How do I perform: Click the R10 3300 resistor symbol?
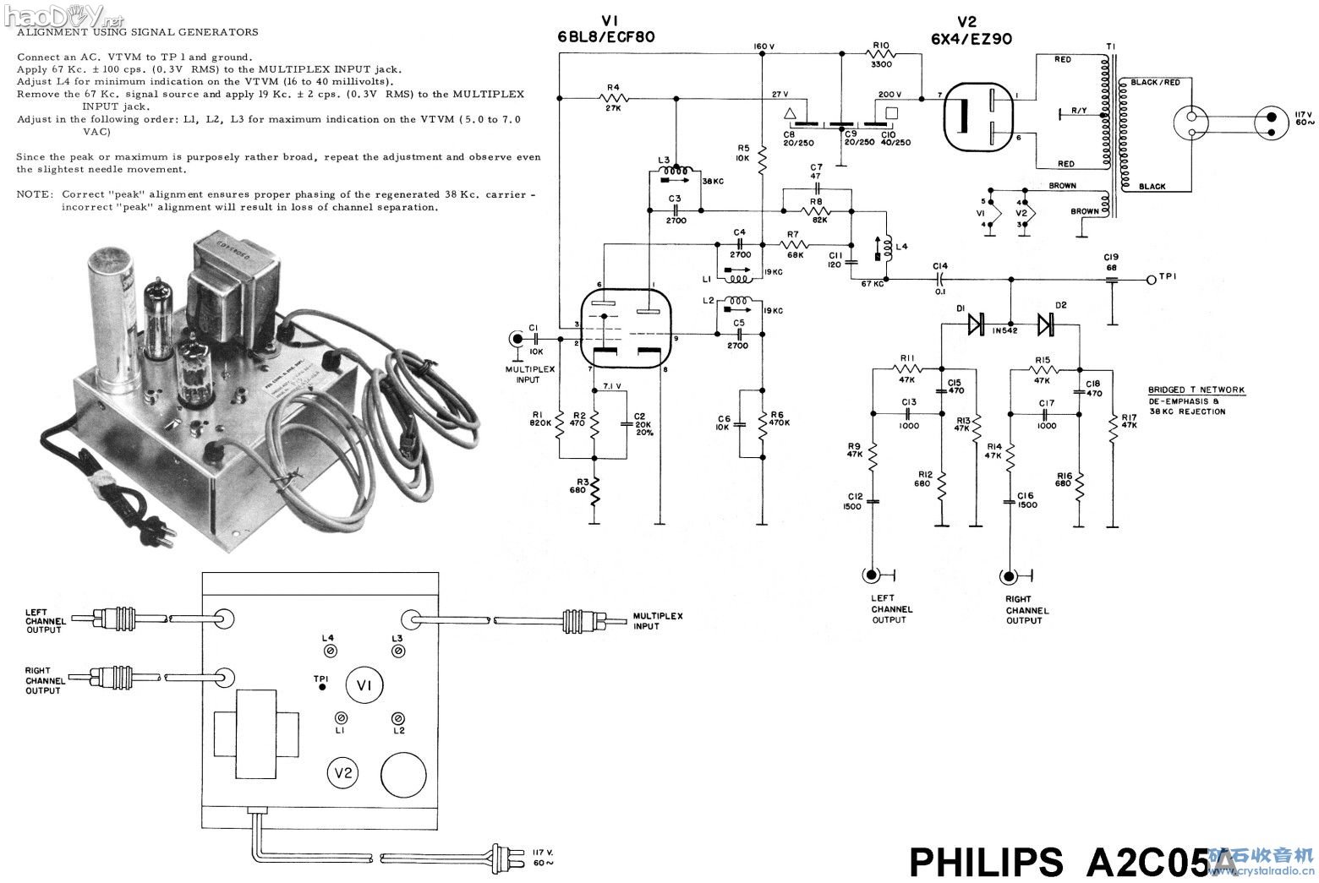(x=880, y=53)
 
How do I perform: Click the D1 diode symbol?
(x=977, y=323)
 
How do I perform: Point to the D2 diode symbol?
(x=1046, y=323)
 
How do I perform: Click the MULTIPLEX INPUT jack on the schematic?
(x=515, y=340)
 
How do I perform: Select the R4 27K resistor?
(x=613, y=98)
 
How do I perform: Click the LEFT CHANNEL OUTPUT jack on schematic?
(x=871, y=576)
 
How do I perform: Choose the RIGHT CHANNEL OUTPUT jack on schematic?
(x=1007, y=577)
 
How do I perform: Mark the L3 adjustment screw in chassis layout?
(x=397, y=651)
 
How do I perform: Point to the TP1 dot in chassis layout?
(x=321, y=689)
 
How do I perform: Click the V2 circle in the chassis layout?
(x=343, y=772)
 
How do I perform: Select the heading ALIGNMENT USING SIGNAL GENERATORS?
(x=138, y=32)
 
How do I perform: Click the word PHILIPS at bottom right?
(x=986, y=862)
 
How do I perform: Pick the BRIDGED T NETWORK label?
(x=1196, y=390)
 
